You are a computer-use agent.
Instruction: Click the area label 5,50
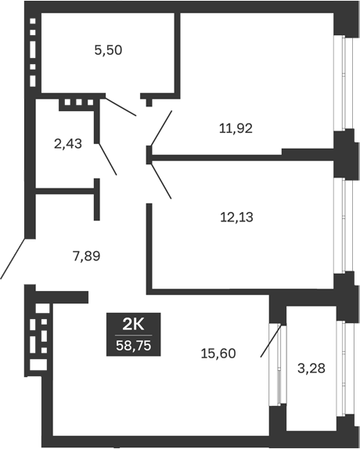click(x=108, y=50)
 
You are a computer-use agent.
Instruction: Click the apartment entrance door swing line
click(x=13, y=259)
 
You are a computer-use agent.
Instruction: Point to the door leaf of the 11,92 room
click(x=160, y=128)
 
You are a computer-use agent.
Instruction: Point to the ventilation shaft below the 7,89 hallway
click(x=36, y=337)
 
